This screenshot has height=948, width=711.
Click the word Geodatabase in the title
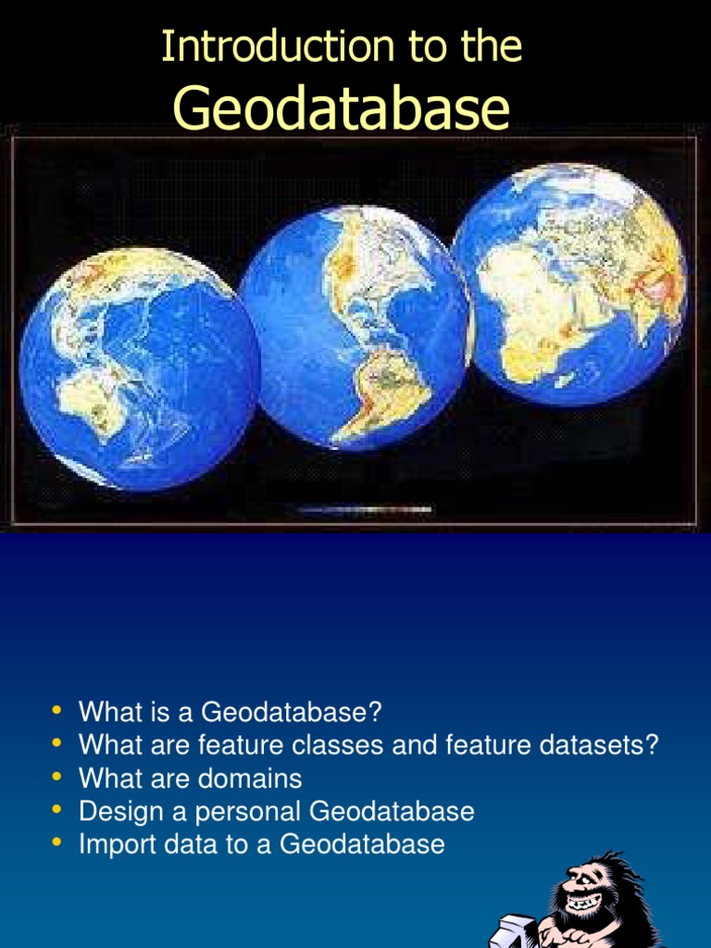342,109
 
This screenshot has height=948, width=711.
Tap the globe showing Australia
139,368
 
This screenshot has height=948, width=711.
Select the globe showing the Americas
355,327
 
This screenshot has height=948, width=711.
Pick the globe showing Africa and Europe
569,283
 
